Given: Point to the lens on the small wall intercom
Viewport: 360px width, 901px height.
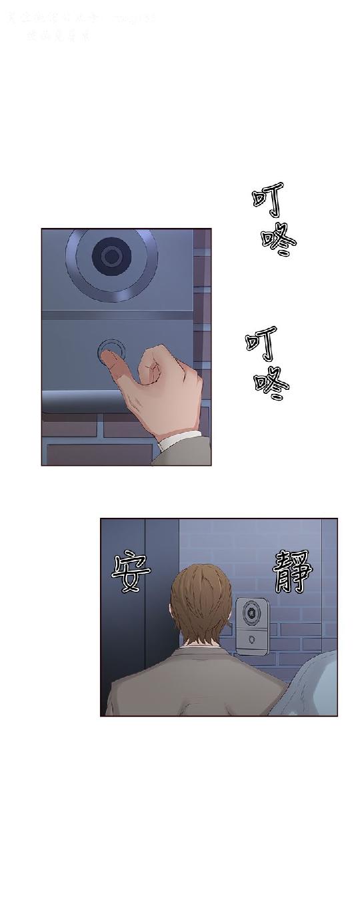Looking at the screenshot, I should pyautogui.click(x=252, y=610).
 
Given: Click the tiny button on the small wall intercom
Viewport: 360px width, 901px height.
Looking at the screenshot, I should pyautogui.click(x=251, y=638).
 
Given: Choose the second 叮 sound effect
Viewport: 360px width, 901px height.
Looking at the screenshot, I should pyautogui.click(x=262, y=342).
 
